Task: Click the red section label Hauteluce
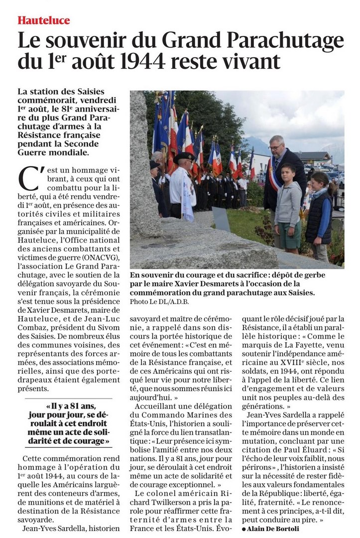coord(44,20)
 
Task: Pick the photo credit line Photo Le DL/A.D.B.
coord(156,302)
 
